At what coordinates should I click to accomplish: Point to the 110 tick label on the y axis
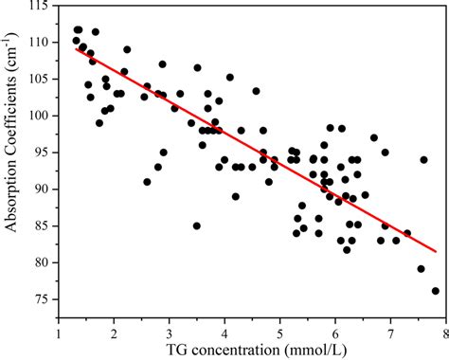[x=38, y=43]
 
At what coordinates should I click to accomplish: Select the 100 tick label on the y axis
[x=38, y=116]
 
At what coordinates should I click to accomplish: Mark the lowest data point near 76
[x=436, y=291]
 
